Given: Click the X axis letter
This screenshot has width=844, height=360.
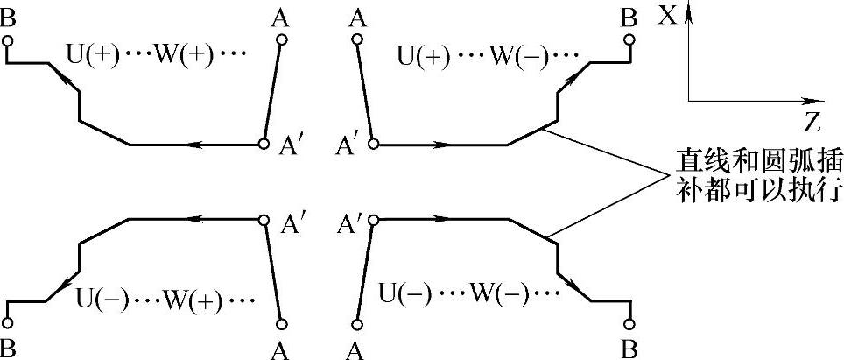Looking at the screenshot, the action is (x=668, y=15).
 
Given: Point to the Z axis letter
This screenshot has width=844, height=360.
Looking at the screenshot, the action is (x=812, y=118).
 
